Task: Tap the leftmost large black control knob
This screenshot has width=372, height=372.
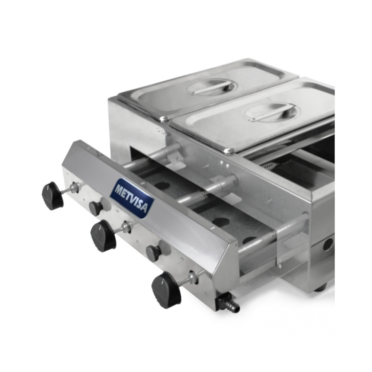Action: [x=53, y=196]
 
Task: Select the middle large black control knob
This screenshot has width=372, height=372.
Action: [x=104, y=234]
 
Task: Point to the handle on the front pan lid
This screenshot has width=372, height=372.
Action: [x=269, y=113]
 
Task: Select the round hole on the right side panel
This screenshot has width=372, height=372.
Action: [x=328, y=243]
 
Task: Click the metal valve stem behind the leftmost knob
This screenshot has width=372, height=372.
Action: [x=71, y=187]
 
